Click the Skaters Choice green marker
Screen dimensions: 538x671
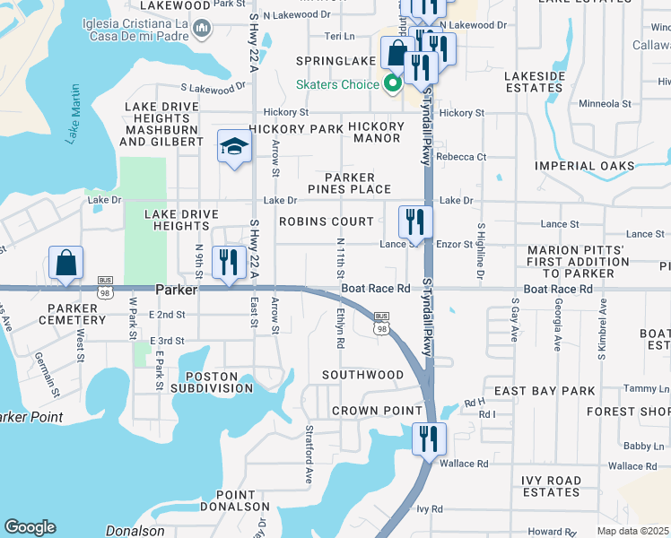[392, 85]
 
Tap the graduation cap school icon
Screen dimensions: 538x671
[234, 147]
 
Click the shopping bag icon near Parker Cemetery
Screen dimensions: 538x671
[66, 264]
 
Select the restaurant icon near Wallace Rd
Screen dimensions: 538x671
[429, 438]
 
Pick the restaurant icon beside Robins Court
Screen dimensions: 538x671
[415, 221]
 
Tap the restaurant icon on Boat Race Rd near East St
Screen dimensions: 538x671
[229, 262]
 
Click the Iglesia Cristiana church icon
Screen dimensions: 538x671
[202, 30]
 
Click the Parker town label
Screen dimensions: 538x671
[176, 291]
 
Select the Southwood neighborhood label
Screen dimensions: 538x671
[363, 375]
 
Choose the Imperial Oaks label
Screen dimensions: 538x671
[597, 166]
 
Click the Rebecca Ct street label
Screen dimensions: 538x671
[461, 157]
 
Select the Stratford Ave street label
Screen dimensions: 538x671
[308, 465]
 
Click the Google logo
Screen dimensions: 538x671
[30, 527]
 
